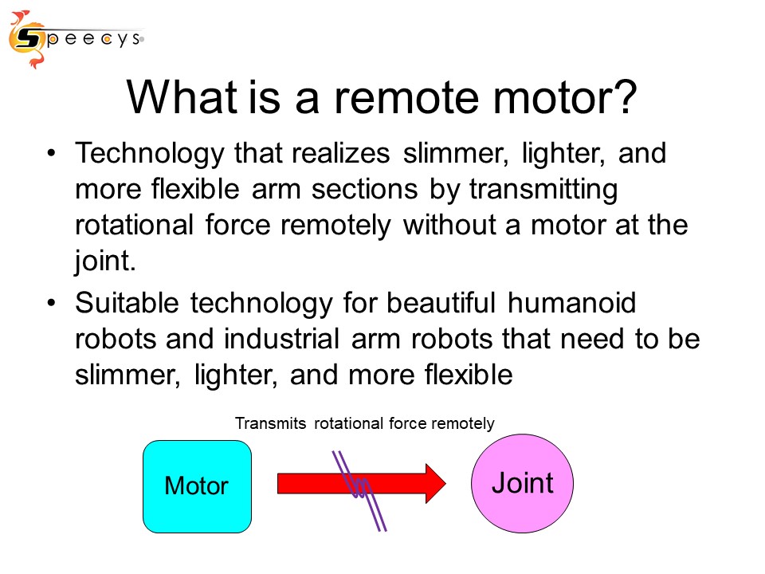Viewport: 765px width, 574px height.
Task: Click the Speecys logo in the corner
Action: pyautogui.click(x=76, y=39)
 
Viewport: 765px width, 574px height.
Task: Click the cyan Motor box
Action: pyautogui.click(x=197, y=486)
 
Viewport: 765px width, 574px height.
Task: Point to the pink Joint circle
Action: pyautogui.click(x=522, y=483)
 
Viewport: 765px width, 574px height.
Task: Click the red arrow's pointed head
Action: pyautogui.click(x=445, y=483)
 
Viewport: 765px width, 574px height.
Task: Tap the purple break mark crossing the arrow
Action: pyautogui.click(x=360, y=489)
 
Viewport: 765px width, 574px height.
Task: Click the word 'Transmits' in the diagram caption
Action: pyautogui.click(x=271, y=423)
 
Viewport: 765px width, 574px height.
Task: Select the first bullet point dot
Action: pyautogui.click(x=52, y=154)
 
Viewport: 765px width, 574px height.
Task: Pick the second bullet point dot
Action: pyautogui.click(x=52, y=303)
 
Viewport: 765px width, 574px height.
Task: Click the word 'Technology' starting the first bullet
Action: pyautogui.click(x=149, y=154)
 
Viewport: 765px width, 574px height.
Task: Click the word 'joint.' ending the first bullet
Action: pyautogui.click(x=105, y=261)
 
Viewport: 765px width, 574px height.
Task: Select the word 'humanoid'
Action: pyautogui.click(x=572, y=303)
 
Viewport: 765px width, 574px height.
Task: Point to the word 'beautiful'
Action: pyautogui.click(x=441, y=303)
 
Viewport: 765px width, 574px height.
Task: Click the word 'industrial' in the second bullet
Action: pyautogui.click(x=281, y=339)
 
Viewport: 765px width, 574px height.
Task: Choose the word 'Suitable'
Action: pyautogui.click(x=127, y=303)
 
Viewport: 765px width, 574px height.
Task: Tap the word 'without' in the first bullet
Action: pyautogui.click(x=449, y=226)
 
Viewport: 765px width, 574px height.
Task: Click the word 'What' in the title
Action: pyautogui.click(x=182, y=97)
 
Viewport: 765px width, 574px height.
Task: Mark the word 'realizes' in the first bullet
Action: pyautogui.click(x=340, y=154)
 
